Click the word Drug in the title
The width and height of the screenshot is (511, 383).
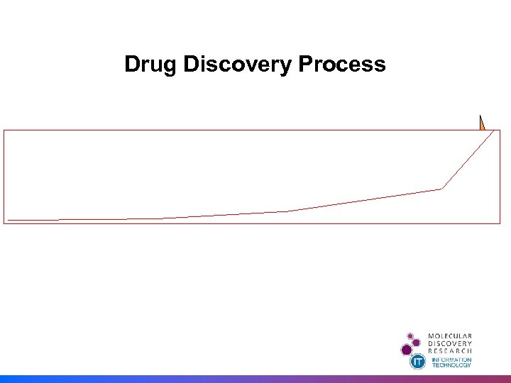pos(151,65)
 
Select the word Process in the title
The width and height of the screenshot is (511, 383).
pos(342,65)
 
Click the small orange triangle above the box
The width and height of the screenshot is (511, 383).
pos(481,123)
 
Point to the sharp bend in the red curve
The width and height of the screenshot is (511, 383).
pos(441,188)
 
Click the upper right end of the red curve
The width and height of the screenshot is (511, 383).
pos(494,131)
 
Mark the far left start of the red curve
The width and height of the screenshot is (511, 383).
pos(9,220)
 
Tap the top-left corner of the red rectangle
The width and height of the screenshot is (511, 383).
pos(4,130)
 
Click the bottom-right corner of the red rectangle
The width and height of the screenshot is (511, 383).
pos(500,223)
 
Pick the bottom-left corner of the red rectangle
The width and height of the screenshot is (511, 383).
pos(4,223)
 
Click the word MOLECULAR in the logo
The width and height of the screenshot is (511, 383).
pos(450,336)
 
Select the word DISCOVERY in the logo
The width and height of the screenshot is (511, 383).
pos(450,343)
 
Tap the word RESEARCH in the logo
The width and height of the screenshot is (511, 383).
pos(450,350)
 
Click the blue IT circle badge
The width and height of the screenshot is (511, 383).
pos(418,362)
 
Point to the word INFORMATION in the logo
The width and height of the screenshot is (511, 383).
pos(452,360)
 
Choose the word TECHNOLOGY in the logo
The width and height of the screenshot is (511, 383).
pos(452,365)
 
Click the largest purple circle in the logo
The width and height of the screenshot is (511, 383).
pos(407,349)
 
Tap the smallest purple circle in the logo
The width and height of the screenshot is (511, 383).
pos(410,335)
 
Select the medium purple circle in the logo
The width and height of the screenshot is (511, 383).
pos(417,342)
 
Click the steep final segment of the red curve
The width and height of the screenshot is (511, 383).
pos(468,160)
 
